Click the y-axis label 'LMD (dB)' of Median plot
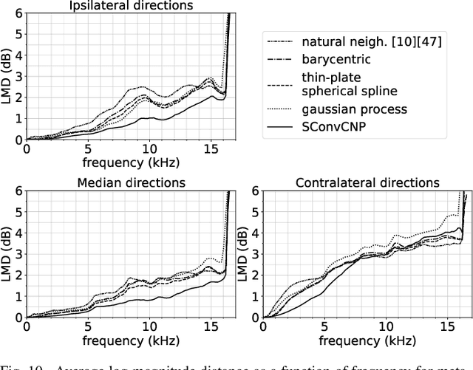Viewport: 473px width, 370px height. click(x=7, y=253)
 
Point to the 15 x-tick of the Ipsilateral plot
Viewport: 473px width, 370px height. click(x=211, y=148)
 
